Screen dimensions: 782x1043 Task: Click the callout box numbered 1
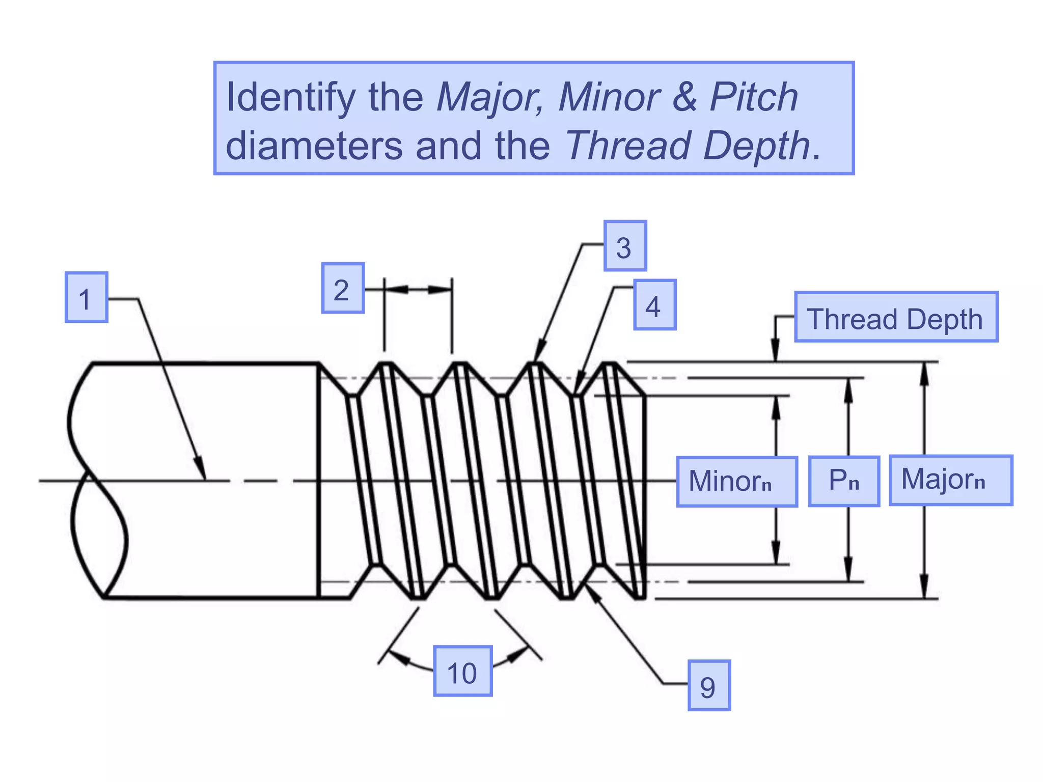pyautogui.click(x=86, y=297)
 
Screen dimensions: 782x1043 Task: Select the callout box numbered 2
pyautogui.click(x=343, y=288)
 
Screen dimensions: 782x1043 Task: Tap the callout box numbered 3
pyautogui.click(x=625, y=246)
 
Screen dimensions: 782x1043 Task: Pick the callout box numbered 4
pyautogui.click(x=654, y=305)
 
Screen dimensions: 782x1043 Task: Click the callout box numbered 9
pyautogui.click(x=708, y=685)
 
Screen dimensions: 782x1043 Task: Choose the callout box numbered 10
pyautogui.click(x=462, y=671)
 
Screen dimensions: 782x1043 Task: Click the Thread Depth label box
pyautogui.click(x=895, y=317)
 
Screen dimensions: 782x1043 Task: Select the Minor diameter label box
pyautogui.click(x=736, y=482)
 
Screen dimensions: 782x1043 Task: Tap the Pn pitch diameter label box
pyautogui.click(x=844, y=481)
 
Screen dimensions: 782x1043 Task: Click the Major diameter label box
pyautogui.click(x=950, y=480)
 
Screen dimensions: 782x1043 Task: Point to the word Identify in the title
pyautogui.click(x=290, y=98)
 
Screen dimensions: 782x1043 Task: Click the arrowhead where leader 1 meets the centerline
pyautogui.click(x=202, y=469)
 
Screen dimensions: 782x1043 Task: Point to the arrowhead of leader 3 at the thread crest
pyautogui.click(x=539, y=353)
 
